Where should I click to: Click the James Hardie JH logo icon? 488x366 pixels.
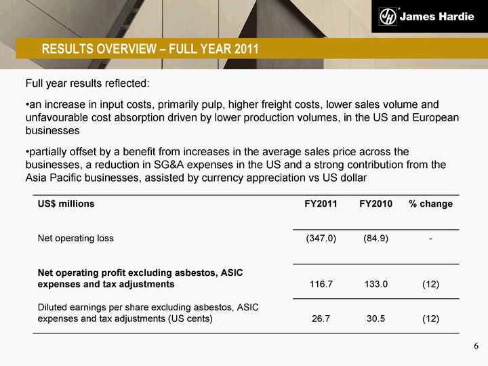pyautogui.click(x=388, y=16)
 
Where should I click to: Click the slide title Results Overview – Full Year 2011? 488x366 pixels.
pyautogui.click(x=150, y=49)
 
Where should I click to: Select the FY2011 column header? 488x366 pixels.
pyautogui.click(x=321, y=204)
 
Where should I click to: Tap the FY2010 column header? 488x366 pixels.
pyautogui.click(x=375, y=204)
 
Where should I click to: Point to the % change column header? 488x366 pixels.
pyautogui.click(x=431, y=204)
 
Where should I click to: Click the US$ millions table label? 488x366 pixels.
pyautogui.click(x=66, y=204)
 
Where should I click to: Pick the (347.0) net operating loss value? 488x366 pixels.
pyautogui.click(x=321, y=239)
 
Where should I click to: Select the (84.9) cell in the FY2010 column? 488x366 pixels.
pyautogui.click(x=375, y=239)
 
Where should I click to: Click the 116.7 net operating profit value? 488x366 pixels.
pyautogui.click(x=321, y=284)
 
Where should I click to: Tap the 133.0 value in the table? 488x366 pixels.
pyautogui.click(x=376, y=284)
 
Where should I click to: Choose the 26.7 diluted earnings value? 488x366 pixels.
pyautogui.click(x=321, y=319)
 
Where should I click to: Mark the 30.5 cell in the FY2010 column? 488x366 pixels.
pyautogui.click(x=376, y=319)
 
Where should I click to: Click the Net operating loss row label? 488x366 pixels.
pyautogui.click(x=76, y=239)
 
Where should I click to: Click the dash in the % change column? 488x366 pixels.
pyautogui.click(x=430, y=239)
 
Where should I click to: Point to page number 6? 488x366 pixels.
pyautogui.click(x=476, y=346)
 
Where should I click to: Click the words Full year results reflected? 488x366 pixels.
pyautogui.click(x=87, y=83)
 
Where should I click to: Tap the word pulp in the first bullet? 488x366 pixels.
pyautogui.click(x=212, y=104)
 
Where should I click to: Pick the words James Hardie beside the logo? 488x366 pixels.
pyautogui.click(x=437, y=16)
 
